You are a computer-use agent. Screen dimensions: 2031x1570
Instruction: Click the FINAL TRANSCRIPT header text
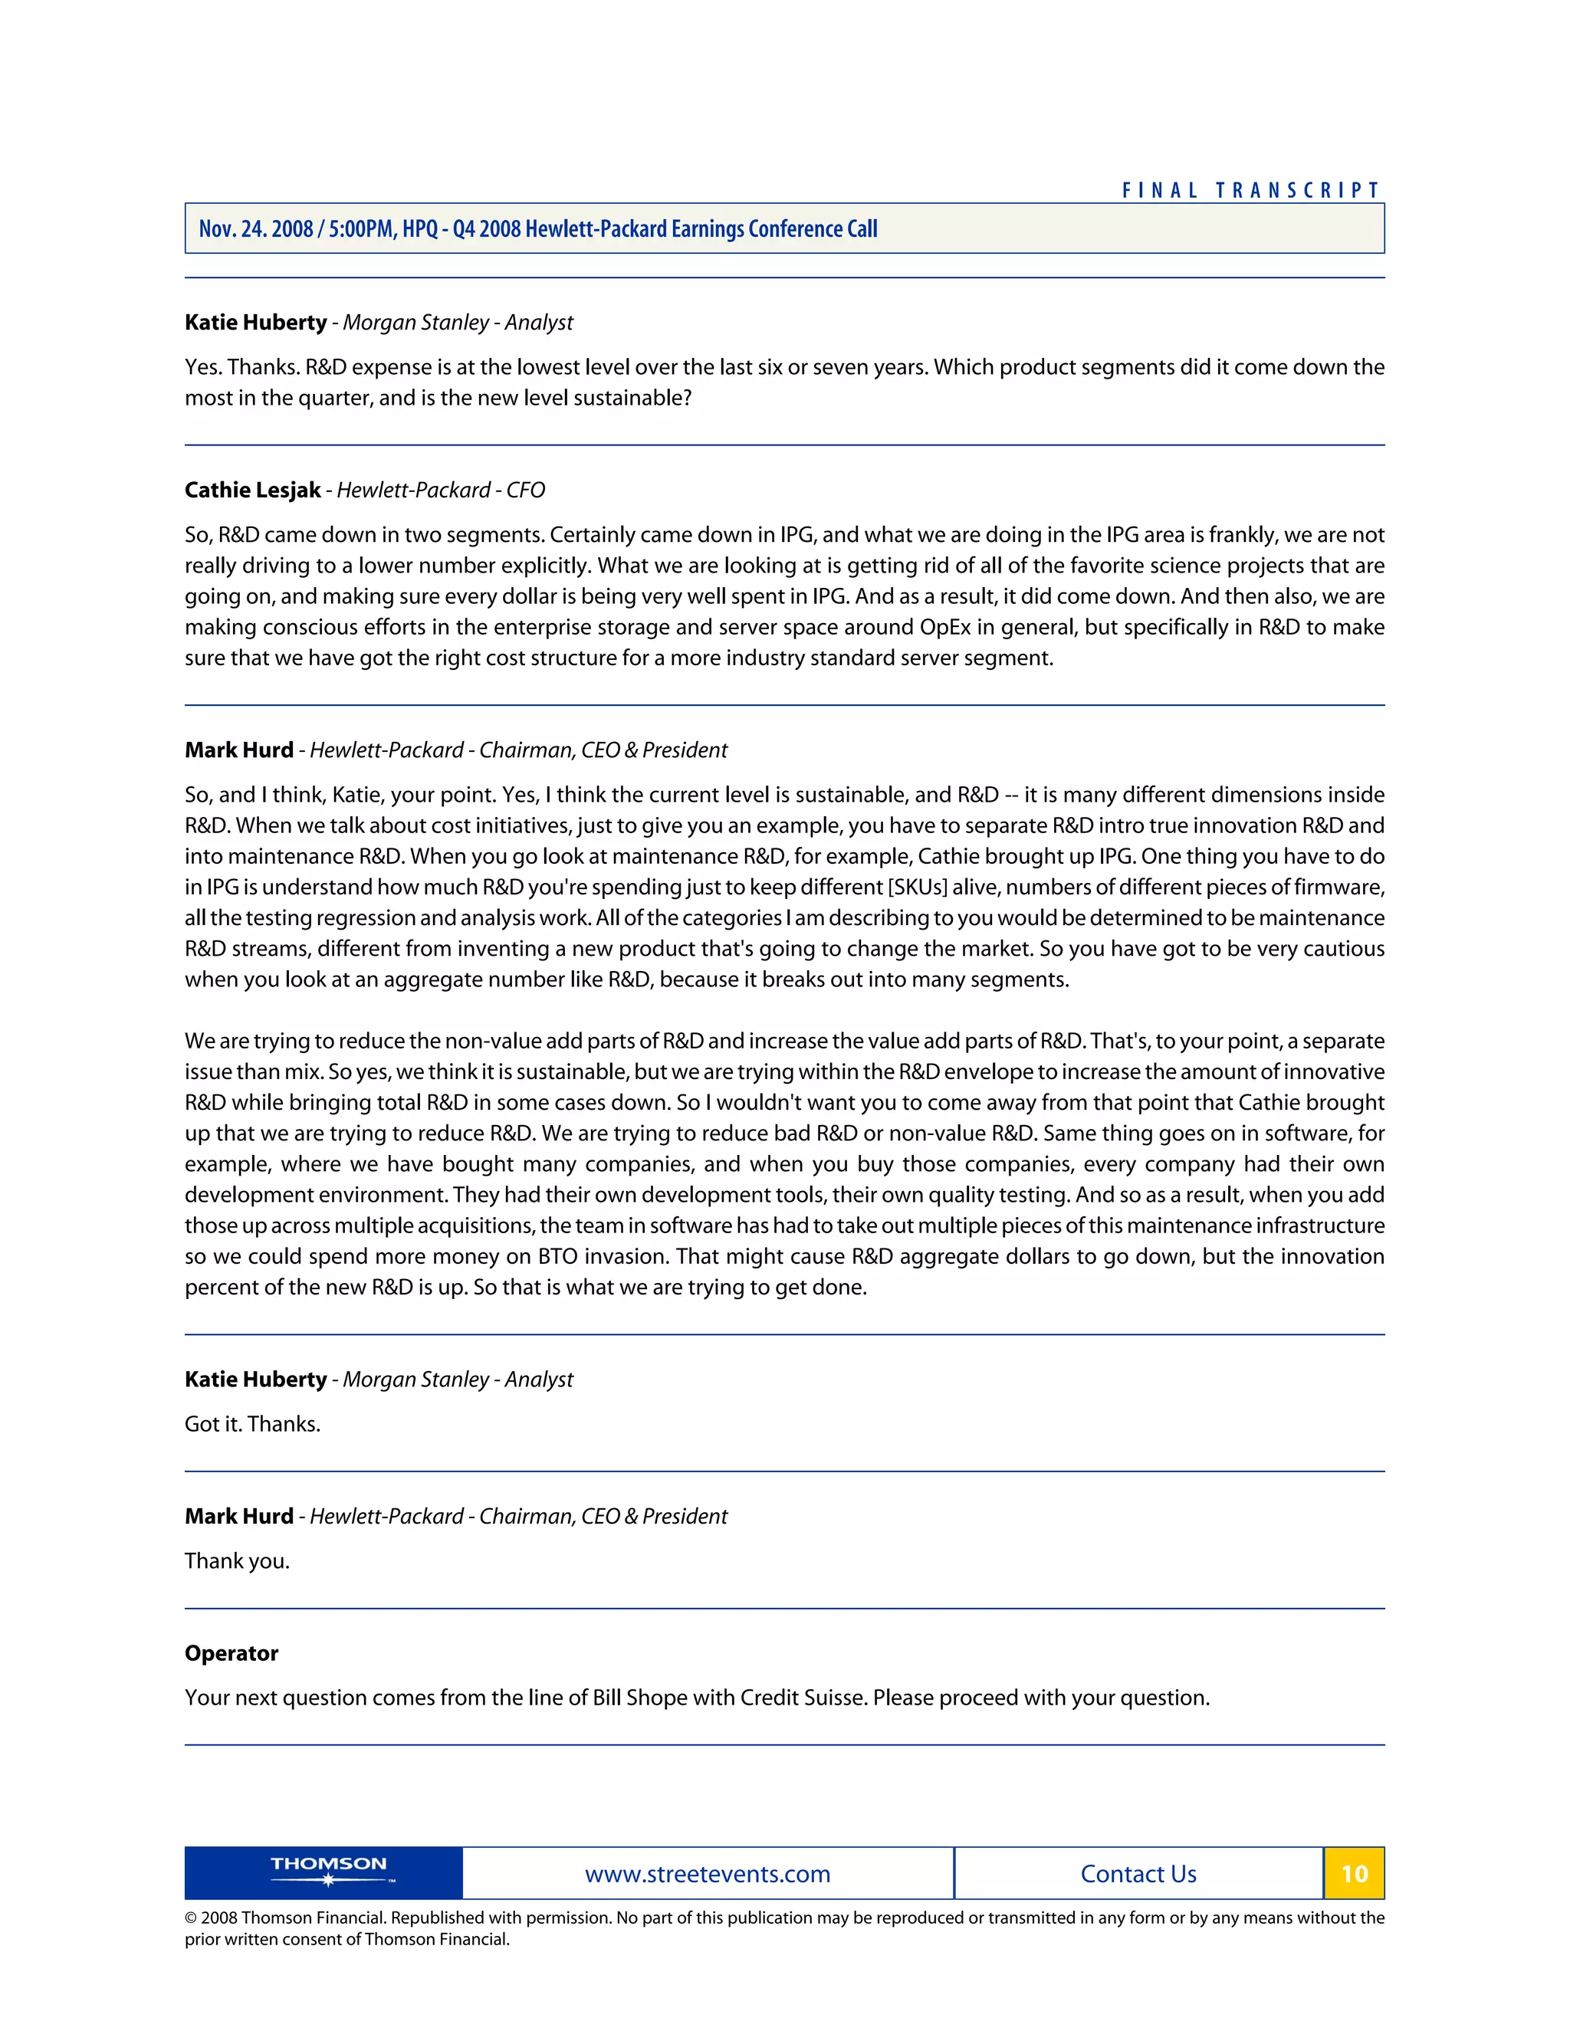[x=1251, y=191]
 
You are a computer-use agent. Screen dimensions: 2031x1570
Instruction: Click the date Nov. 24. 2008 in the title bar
[x=256, y=228]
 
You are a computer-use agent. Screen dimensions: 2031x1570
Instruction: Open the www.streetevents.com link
[x=707, y=1874]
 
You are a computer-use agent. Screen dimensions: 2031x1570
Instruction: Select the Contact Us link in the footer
[x=1138, y=1874]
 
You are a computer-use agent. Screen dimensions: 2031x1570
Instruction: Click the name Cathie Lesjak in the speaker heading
[x=252, y=490]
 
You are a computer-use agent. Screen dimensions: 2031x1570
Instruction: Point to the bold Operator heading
[x=231, y=1652]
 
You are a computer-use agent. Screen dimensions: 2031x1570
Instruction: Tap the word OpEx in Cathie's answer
[x=945, y=627]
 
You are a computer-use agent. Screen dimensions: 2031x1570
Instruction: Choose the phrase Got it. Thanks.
[x=252, y=1424]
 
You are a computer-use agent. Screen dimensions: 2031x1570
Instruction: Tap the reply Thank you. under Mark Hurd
[x=237, y=1560]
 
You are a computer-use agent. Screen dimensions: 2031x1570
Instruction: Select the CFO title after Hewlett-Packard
[x=525, y=490]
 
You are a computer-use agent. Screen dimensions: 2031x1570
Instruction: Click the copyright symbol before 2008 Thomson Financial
[x=191, y=1918]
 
